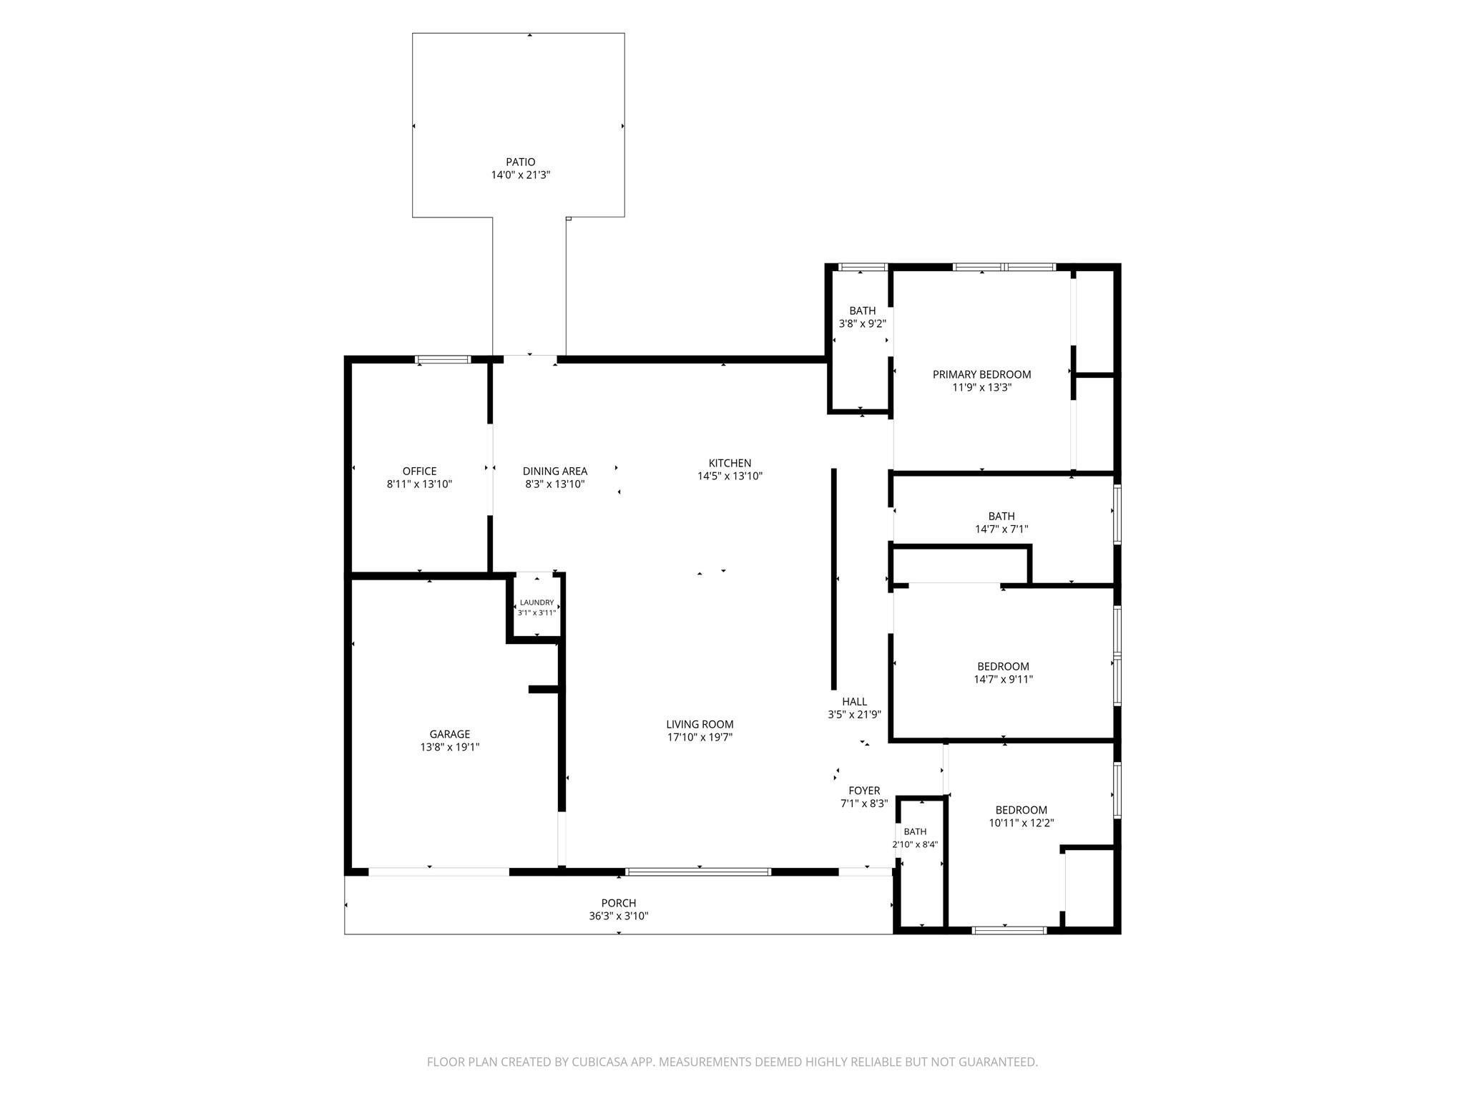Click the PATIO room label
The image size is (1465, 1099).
tap(520, 162)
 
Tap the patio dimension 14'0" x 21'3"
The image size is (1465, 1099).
tap(520, 175)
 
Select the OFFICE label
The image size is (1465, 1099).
tap(419, 472)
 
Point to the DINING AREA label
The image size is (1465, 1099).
tap(555, 472)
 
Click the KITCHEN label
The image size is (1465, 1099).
tap(730, 464)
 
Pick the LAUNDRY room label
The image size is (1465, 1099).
tap(536, 602)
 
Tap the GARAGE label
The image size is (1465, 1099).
tap(450, 734)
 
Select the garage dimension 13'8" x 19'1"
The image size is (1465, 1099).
tap(450, 747)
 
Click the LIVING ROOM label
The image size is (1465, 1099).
tap(700, 724)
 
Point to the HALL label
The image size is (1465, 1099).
tap(854, 702)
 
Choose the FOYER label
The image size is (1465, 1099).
tap(864, 791)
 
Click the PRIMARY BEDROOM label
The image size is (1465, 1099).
tap(981, 374)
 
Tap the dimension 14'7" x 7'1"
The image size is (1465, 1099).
tap(1001, 529)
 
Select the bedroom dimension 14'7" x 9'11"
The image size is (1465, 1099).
tap(1003, 680)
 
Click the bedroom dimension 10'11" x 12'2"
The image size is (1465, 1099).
tap(1021, 824)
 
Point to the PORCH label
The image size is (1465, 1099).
tap(618, 904)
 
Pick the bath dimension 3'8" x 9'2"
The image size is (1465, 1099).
tap(862, 323)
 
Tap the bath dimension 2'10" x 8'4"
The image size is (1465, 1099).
tap(915, 844)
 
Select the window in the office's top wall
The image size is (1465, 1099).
tap(444, 359)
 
